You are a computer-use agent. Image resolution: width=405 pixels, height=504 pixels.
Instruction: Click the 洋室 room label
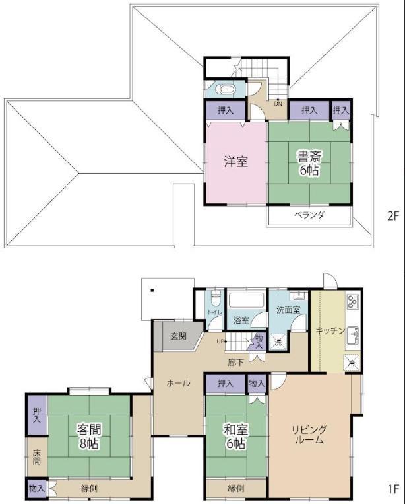[236, 161]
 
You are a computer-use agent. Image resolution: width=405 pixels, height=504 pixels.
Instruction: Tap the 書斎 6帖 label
[309, 164]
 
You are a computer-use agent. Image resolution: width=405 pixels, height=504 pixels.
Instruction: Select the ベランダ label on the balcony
[310, 215]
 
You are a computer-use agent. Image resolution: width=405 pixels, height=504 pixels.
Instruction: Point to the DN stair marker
[278, 104]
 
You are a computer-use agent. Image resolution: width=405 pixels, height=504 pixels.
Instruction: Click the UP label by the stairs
[220, 342]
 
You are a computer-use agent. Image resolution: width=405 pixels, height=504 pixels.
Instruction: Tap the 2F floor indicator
[392, 216]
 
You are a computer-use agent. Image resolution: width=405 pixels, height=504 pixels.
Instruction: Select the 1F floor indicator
[393, 489]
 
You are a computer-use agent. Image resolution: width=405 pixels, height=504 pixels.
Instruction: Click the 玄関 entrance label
[179, 336]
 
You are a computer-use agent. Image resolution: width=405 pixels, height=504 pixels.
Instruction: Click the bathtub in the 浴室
[247, 300]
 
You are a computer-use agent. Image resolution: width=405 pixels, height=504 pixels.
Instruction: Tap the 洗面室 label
[288, 310]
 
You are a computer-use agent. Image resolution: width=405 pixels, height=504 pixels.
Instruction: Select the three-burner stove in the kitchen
[353, 301]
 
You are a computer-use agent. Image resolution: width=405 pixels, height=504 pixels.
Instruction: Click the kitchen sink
[353, 336]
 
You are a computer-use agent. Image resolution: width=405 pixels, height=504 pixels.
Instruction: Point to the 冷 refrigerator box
[352, 363]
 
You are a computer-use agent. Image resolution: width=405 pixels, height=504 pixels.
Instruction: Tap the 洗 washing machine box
[278, 342]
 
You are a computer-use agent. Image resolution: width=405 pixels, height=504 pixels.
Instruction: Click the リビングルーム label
[309, 435]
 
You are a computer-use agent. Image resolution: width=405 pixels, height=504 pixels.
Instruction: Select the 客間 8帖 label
[89, 436]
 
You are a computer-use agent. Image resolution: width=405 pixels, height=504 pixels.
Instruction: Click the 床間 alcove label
[36, 457]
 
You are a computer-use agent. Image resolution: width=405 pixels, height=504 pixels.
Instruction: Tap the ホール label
[178, 383]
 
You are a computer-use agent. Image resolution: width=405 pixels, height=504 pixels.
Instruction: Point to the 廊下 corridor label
[236, 363]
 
